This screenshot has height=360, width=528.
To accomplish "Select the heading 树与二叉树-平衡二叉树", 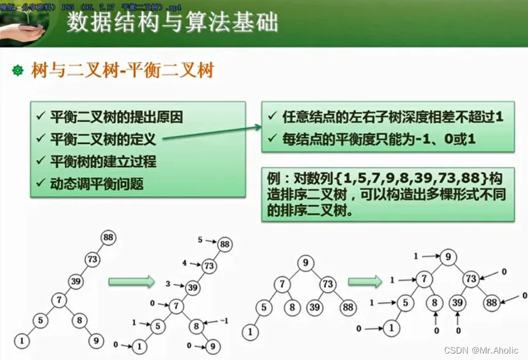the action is pos(122,70).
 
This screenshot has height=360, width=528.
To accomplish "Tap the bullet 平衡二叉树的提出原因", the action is pos(116,117).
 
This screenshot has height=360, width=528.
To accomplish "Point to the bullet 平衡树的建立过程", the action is pos(104,161).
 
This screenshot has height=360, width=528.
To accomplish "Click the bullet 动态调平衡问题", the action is pos(97,184).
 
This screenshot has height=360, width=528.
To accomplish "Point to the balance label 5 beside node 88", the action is pos(200,240).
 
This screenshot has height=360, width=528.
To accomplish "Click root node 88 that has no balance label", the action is pos(108,238).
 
